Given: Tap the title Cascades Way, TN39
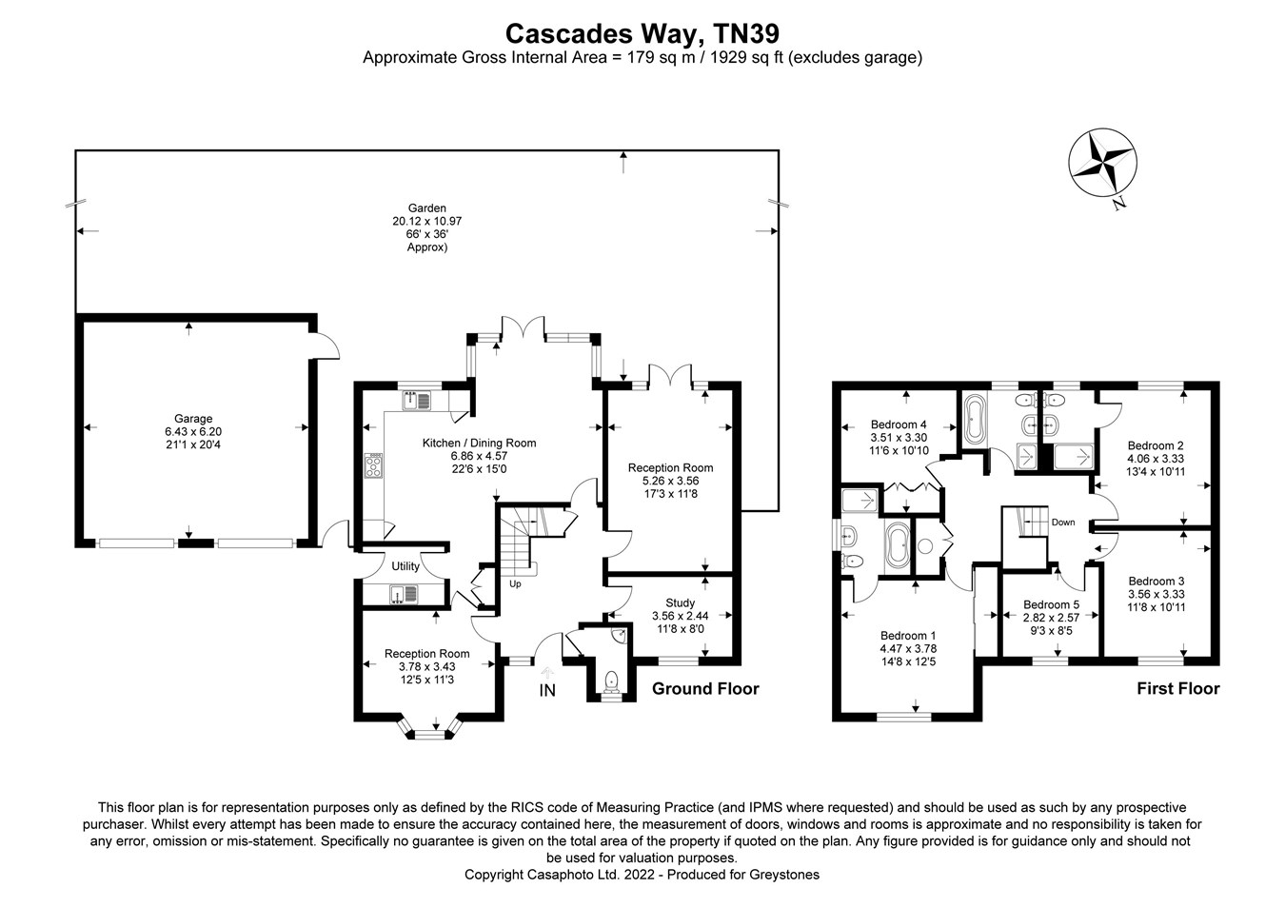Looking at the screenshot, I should click(642, 33).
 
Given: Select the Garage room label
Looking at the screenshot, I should click(193, 419).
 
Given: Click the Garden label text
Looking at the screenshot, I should click(426, 208).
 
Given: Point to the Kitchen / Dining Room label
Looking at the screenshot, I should click(479, 443).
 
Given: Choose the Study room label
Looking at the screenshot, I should click(680, 602).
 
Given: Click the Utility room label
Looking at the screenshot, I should click(405, 566).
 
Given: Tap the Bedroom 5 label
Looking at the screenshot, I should click(1051, 604).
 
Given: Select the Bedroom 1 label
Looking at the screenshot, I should click(908, 636).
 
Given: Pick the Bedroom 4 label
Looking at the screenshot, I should click(899, 424).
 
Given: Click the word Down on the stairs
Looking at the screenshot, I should click(1063, 523).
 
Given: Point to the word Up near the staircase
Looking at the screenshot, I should click(515, 583).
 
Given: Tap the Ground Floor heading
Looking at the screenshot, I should click(705, 688).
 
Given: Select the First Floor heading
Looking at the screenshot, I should click(1177, 688).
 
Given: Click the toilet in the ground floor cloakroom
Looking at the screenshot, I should click(611, 680).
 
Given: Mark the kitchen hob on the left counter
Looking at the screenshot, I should click(375, 464).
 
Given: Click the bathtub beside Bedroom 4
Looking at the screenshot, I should click(976, 420).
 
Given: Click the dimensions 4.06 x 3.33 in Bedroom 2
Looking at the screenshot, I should click(1156, 458).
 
